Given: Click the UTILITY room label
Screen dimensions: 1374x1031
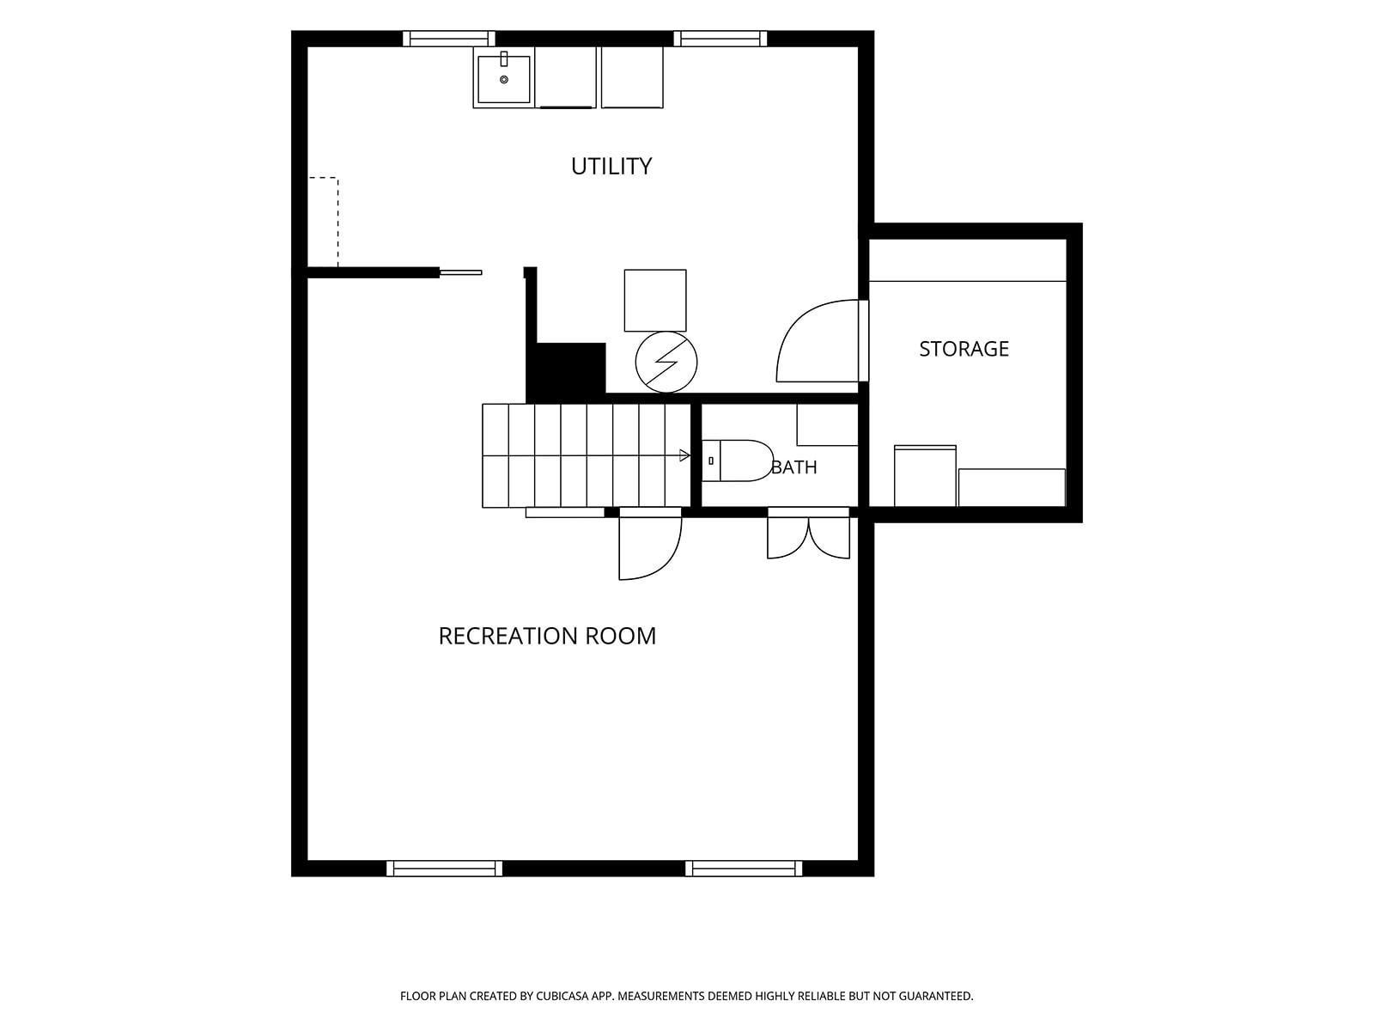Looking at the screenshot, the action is point(611,166).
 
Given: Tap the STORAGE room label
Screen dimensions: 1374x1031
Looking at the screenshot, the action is point(964,349).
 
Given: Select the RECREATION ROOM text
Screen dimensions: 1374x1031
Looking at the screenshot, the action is point(547,636).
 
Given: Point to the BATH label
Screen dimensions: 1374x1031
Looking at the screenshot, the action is point(793,467).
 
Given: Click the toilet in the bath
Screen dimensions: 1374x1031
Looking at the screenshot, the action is point(738,461).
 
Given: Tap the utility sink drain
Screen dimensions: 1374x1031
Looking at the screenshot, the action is point(504,80).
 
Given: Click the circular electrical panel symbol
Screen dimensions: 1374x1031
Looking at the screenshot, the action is point(666,362).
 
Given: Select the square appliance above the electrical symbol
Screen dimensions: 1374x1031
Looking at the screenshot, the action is point(654,301).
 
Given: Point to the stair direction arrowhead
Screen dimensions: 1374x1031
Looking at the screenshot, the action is point(684,455).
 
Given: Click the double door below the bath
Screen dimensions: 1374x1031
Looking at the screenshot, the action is point(809,534).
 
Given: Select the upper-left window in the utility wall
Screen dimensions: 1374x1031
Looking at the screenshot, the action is point(448,39).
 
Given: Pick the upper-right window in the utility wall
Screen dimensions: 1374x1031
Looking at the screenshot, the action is point(720,39).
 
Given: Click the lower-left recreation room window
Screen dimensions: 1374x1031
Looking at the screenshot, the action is point(445,869).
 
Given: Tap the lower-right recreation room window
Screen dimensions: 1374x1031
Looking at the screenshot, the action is point(744,869).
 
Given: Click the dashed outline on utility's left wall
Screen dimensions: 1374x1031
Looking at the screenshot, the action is point(338,223).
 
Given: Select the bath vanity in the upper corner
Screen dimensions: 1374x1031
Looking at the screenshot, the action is point(827,425).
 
